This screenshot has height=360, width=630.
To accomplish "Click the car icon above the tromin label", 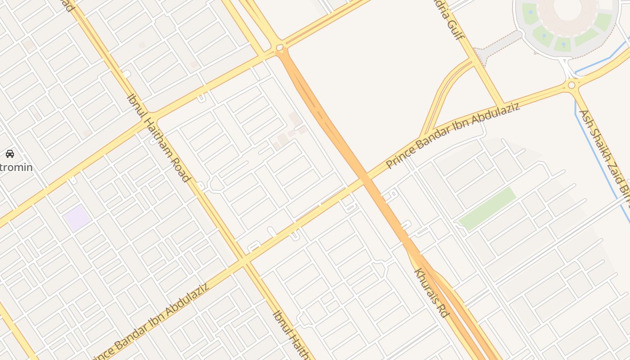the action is pos(10,154).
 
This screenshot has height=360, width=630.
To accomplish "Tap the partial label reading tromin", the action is pos(17,167).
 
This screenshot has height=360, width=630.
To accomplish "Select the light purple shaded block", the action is pos(77,218).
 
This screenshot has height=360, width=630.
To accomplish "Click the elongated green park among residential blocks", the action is pos(487,209).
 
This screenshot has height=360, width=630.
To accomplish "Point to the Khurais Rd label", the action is pos(431,293).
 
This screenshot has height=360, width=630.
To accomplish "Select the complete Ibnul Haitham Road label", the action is pos(158,137).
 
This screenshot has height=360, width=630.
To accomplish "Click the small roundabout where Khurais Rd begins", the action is pos(279,47).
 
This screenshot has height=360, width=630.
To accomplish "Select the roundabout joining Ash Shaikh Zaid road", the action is pos(571,85).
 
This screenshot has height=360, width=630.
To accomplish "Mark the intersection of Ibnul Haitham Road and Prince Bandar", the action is pos(243,261).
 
